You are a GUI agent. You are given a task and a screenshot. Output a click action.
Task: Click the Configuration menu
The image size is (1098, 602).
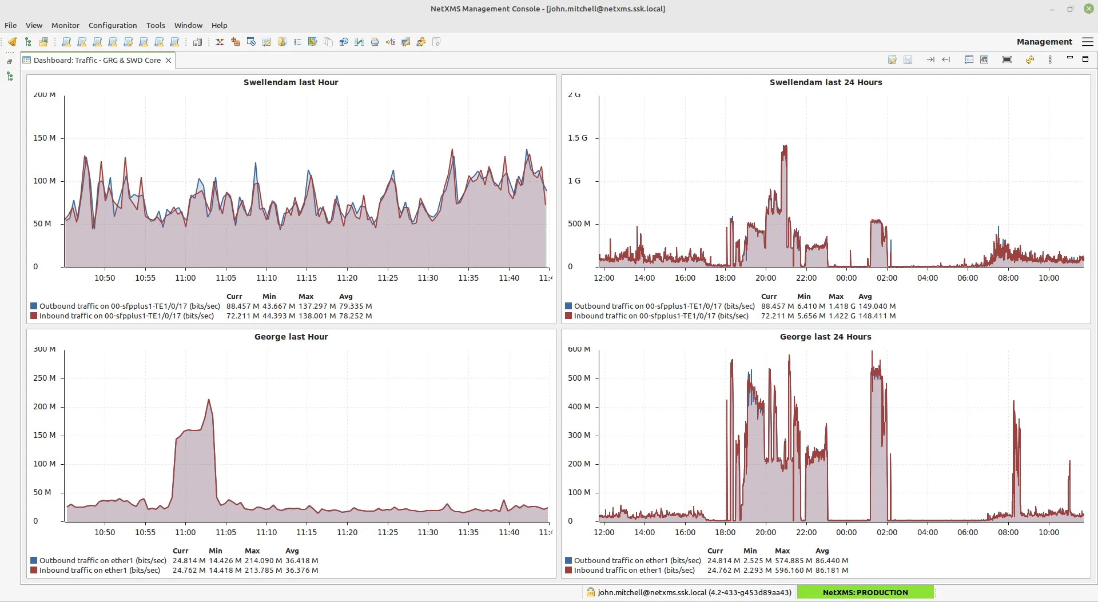click(x=113, y=25)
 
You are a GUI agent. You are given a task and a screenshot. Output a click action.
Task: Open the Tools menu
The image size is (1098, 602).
click(x=156, y=25)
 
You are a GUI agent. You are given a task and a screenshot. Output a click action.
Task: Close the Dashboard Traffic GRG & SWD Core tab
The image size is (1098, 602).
click(x=168, y=60)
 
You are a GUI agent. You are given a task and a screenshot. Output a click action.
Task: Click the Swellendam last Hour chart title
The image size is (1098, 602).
click(x=291, y=82)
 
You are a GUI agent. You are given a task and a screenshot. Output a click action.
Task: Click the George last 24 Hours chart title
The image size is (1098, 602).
click(x=825, y=337)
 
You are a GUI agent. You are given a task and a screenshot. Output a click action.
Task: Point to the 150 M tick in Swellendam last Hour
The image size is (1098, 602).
click(x=45, y=138)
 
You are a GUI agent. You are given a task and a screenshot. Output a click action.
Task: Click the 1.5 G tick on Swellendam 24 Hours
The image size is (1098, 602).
click(x=578, y=138)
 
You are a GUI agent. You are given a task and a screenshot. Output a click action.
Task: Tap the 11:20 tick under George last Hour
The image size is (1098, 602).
click(x=347, y=532)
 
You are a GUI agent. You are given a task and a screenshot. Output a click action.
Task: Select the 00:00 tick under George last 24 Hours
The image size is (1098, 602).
click(x=846, y=532)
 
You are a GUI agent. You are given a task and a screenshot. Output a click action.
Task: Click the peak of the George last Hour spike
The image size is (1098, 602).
click(x=209, y=400)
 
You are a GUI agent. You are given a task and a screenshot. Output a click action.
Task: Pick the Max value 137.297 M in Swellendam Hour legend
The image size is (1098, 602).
click(x=317, y=306)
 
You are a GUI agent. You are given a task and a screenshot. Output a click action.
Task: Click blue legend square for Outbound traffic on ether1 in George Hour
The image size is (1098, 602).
click(x=34, y=560)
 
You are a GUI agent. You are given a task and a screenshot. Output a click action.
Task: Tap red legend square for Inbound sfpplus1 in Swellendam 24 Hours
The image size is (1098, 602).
click(x=568, y=316)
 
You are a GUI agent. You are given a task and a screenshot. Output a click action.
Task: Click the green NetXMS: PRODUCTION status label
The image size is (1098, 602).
click(x=865, y=592)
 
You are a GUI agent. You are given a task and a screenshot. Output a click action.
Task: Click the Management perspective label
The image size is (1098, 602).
click(x=1044, y=42)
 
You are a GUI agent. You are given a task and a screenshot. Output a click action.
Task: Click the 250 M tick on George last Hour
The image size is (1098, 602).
click(x=45, y=378)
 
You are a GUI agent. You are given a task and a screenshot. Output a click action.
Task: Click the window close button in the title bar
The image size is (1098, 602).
click(x=1088, y=9)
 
